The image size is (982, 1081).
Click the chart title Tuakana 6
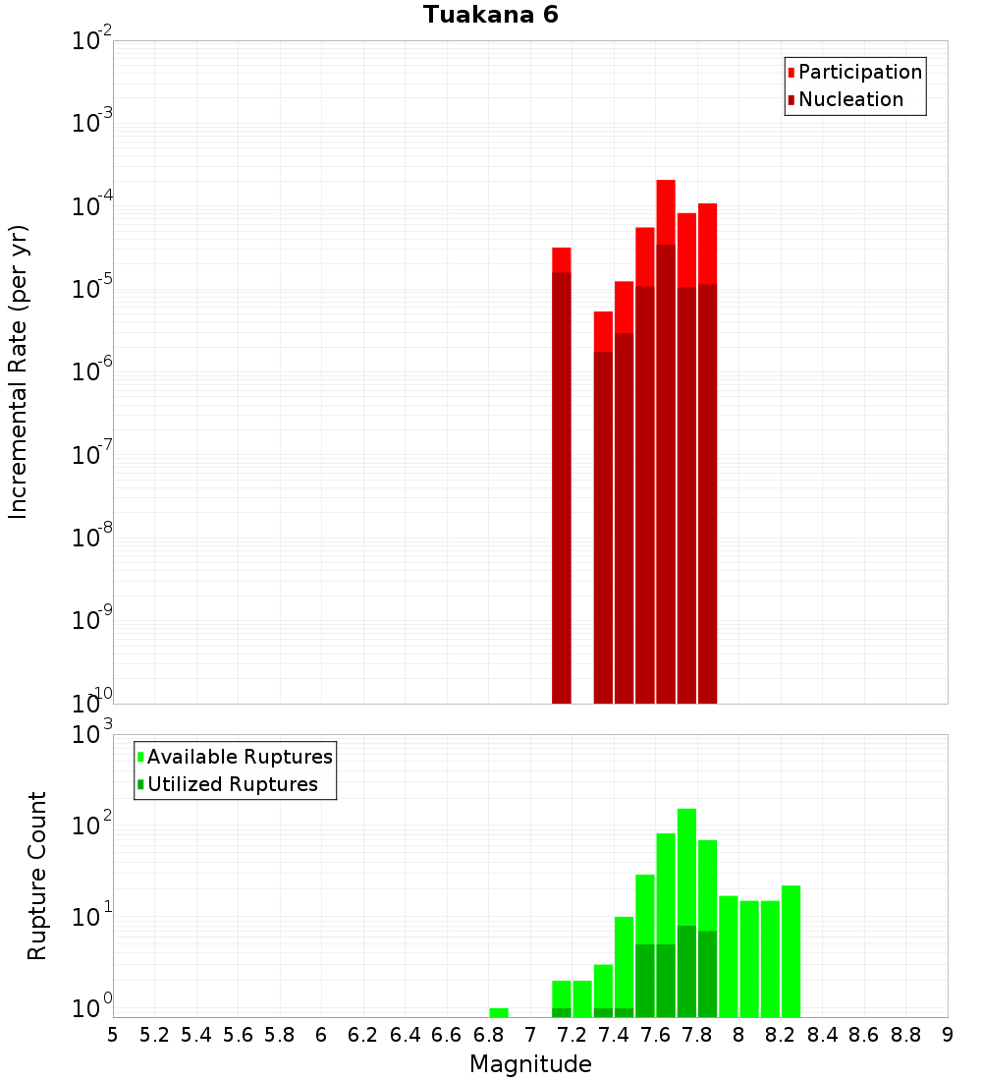tap(491, 15)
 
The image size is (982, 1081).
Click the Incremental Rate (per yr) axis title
tap(18, 371)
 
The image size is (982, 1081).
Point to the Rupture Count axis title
tap(37, 875)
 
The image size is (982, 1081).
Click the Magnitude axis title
tap(530, 1064)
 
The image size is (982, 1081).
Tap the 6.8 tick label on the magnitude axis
tap(488, 1035)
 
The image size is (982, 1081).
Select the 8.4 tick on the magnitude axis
tap(822, 1035)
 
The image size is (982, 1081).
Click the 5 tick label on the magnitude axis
tap(113, 1035)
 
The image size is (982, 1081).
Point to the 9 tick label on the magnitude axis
tap(948, 1035)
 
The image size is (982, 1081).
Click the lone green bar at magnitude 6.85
tap(499, 1012)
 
